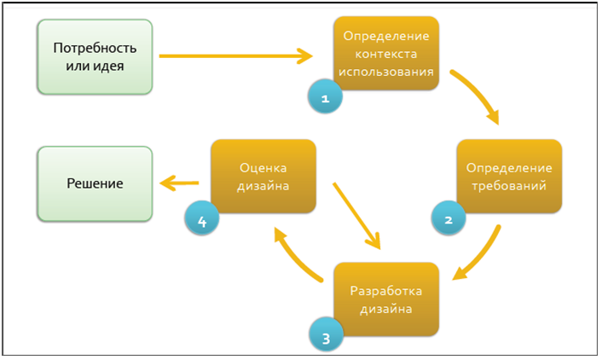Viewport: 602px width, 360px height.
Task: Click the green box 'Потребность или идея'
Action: [x=94, y=56]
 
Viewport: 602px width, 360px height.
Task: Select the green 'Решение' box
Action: [x=94, y=183]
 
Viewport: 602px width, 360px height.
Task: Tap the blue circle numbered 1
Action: [x=324, y=97]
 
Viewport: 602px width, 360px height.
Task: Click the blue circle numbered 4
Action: [x=201, y=220]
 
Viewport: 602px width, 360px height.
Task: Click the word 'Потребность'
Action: [x=95, y=47]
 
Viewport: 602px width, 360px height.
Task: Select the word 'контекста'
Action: [x=386, y=55]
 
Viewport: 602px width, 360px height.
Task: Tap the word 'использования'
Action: [x=386, y=72]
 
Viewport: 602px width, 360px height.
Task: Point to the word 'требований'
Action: [x=509, y=184]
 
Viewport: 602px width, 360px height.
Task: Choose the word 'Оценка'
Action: [x=263, y=167]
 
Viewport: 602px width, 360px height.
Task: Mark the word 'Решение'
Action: [x=94, y=183]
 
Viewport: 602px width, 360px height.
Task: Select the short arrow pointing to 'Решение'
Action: [x=181, y=182]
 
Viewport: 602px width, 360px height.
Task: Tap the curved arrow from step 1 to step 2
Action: [x=478, y=94]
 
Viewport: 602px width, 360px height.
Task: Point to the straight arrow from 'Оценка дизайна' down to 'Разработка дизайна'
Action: [x=356, y=213]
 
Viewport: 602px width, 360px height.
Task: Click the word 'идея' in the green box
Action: [x=118, y=66]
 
